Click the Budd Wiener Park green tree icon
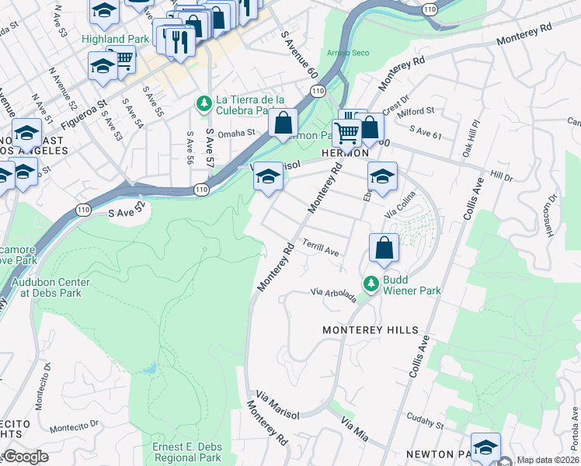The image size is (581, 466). click(372, 283)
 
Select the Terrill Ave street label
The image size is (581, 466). click(321, 248)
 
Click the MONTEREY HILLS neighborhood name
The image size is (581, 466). click(371, 330)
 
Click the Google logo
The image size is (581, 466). click(26, 457)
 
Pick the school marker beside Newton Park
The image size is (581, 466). click(485, 448)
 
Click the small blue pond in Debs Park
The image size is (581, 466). click(151, 367)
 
